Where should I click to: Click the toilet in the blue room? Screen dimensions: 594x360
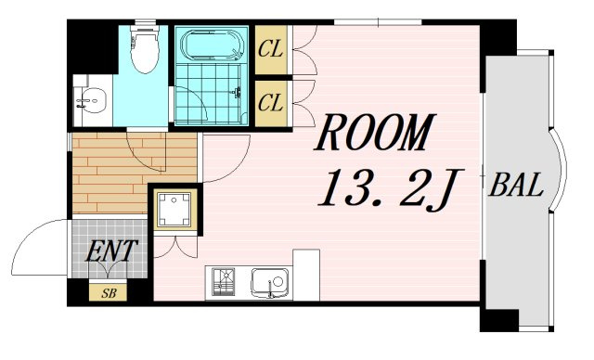click(x=144, y=49)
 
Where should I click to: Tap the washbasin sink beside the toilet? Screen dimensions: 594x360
click(x=91, y=100)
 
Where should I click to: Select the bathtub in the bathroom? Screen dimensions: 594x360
click(x=212, y=45)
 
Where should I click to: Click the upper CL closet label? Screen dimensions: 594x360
click(x=270, y=49)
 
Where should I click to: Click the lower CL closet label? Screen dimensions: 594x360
click(x=270, y=102)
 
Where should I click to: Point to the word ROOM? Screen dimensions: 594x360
click(x=374, y=133)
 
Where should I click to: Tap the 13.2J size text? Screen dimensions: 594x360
click(x=390, y=187)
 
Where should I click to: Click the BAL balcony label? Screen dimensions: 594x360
click(x=516, y=186)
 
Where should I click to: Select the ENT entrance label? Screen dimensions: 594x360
click(x=110, y=251)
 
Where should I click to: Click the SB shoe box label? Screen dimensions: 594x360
click(x=109, y=293)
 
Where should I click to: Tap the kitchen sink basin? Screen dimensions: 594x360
click(x=270, y=283)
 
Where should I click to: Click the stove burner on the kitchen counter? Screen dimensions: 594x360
click(x=223, y=282)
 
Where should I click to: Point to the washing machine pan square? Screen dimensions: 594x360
click(x=174, y=210)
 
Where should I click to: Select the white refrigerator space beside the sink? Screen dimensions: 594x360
click(x=306, y=275)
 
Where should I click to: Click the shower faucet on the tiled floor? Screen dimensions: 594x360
click(x=238, y=92)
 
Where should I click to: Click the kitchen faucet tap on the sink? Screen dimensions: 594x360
click(x=270, y=289)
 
